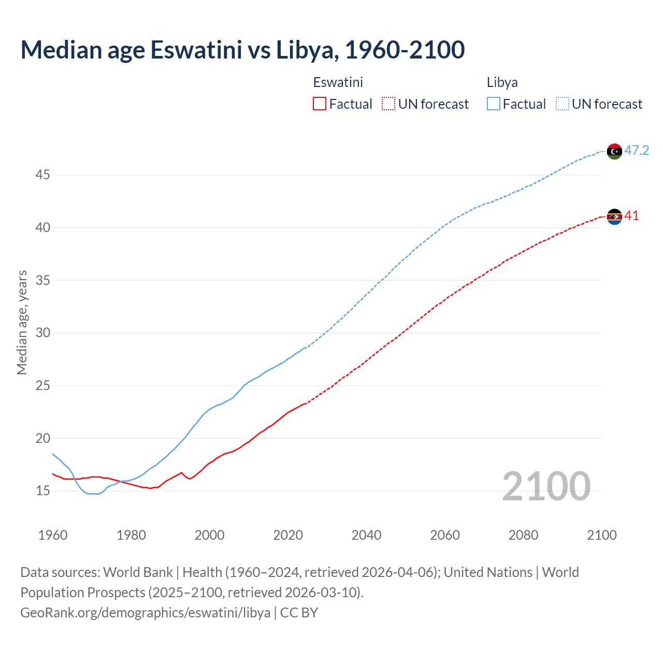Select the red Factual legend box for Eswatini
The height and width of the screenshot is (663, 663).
click(320, 104)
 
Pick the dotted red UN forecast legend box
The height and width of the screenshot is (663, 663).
click(388, 104)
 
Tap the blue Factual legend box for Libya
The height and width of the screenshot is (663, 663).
click(494, 104)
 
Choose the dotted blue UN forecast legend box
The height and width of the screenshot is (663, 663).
click(563, 104)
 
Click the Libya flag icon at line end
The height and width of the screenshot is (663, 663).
click(614, 151)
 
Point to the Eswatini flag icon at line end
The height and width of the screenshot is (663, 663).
click(614, 217)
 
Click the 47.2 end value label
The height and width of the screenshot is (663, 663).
click(637, 151)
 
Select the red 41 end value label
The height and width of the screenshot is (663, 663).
click(632, 216)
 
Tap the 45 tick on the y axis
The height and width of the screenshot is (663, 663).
click(42, 175)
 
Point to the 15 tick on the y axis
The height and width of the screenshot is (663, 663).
click(42, 491)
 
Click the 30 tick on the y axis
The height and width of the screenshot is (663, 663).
click(42, 333)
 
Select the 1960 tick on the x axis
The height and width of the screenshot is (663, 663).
click(53, 535)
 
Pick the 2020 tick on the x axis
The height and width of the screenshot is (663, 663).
click(288, 535)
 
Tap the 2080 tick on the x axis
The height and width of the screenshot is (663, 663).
click(523, 535)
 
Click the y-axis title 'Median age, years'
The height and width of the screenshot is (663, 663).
click(22, 322)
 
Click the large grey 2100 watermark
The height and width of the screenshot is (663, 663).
click(546, 486)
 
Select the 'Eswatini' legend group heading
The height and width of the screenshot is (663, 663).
click(338, 82)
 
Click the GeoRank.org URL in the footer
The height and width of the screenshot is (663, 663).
click(145, 613)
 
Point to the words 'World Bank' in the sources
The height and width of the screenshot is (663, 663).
click(138, 572)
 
